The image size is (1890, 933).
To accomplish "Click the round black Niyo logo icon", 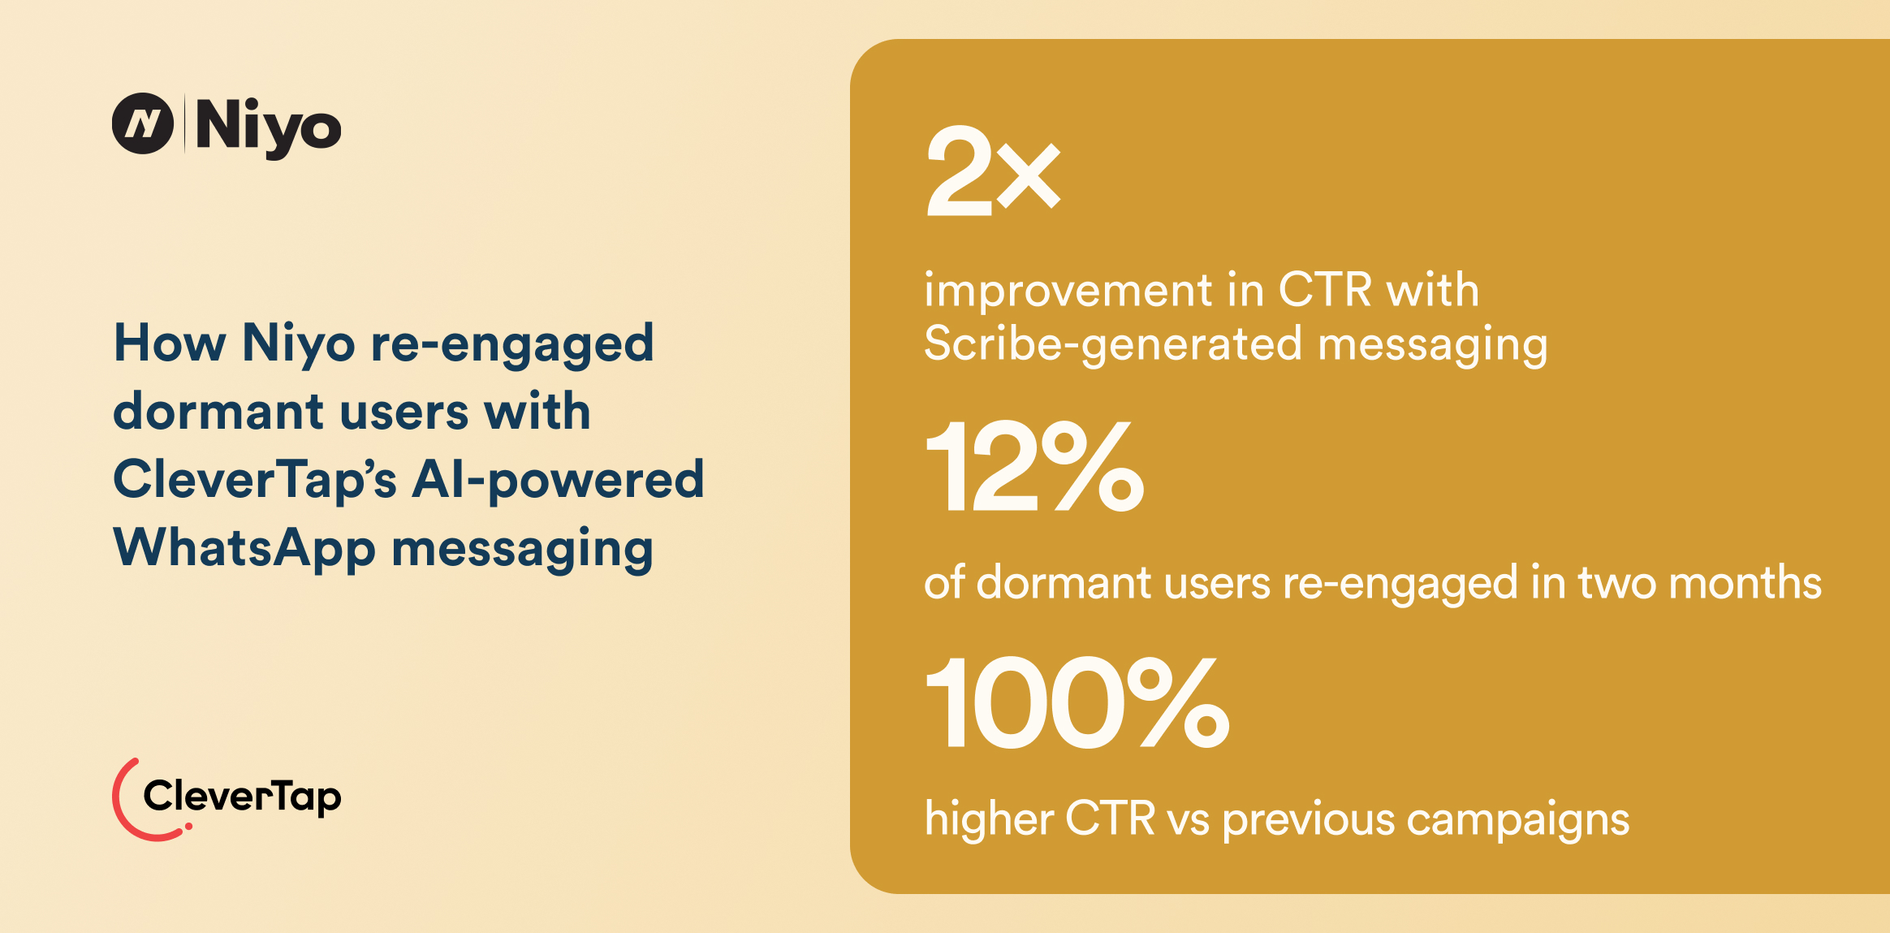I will (143, 123).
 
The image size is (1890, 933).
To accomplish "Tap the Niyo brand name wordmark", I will (268, 126).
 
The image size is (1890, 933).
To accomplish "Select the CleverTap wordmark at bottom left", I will (242, 797).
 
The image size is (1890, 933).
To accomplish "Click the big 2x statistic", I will (992, 171).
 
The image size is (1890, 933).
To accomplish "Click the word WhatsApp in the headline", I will (244, 548).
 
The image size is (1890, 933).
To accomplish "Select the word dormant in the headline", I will (218, 411).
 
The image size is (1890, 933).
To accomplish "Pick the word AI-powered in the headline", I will (558, 480).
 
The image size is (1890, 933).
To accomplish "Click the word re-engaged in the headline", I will (512, 343).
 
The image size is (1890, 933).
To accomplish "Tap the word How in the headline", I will (170, 343).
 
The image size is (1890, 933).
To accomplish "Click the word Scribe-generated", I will (1113, 344).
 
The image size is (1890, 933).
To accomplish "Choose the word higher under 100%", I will (988, 819).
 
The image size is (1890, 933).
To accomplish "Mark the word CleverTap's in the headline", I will (255, 480).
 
